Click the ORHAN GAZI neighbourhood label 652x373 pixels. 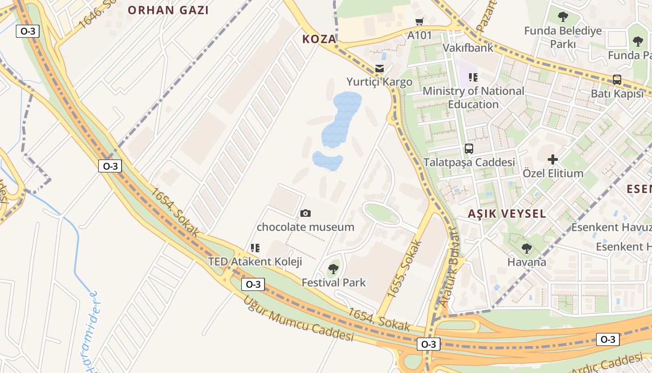(168, 10)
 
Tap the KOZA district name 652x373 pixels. (319, 39)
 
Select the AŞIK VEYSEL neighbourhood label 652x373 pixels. (507, 214)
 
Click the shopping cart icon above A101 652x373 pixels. (419, 22)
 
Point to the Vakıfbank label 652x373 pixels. (468, 48)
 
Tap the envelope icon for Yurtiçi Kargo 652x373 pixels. (380, 69)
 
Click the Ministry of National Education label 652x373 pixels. (473, 97)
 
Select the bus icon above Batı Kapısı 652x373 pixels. (617, 80)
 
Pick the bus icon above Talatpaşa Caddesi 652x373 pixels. (469, 149)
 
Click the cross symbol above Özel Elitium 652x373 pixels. (553, 160)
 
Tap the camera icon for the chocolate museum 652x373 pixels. (306, 214)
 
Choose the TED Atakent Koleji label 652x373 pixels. (255, 262)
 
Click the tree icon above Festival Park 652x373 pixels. (333, 269)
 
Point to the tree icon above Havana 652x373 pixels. (526, 249)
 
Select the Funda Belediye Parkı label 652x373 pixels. (563, 37)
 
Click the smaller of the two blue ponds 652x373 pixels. (327, 160)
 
